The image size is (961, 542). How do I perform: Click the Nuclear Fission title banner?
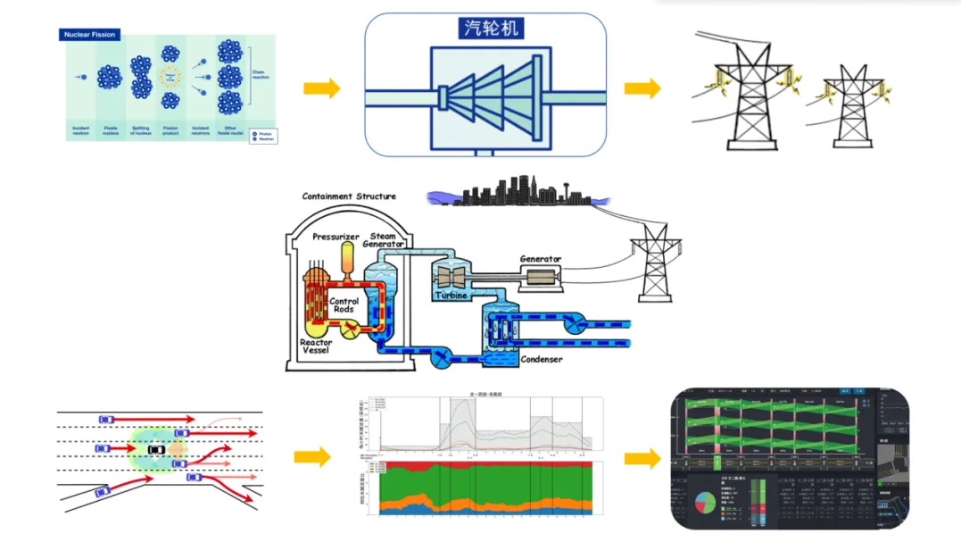[x=91, y=35]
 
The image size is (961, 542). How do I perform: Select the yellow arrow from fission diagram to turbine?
[x=321, y=88]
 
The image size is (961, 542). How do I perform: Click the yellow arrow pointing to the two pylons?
[x=642, y=88]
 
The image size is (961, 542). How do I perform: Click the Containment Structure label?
[x=349, y=196]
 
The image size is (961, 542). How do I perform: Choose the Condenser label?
[x=542, y=359]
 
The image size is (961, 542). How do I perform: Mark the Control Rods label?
[x=344, y=305]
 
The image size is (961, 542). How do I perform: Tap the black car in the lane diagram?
[x=156, y=449]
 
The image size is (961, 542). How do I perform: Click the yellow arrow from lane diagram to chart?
[x=311, y=457]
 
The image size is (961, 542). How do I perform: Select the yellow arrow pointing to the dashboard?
[x=642, y=458]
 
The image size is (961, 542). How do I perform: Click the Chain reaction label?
[x=261, y=76]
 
